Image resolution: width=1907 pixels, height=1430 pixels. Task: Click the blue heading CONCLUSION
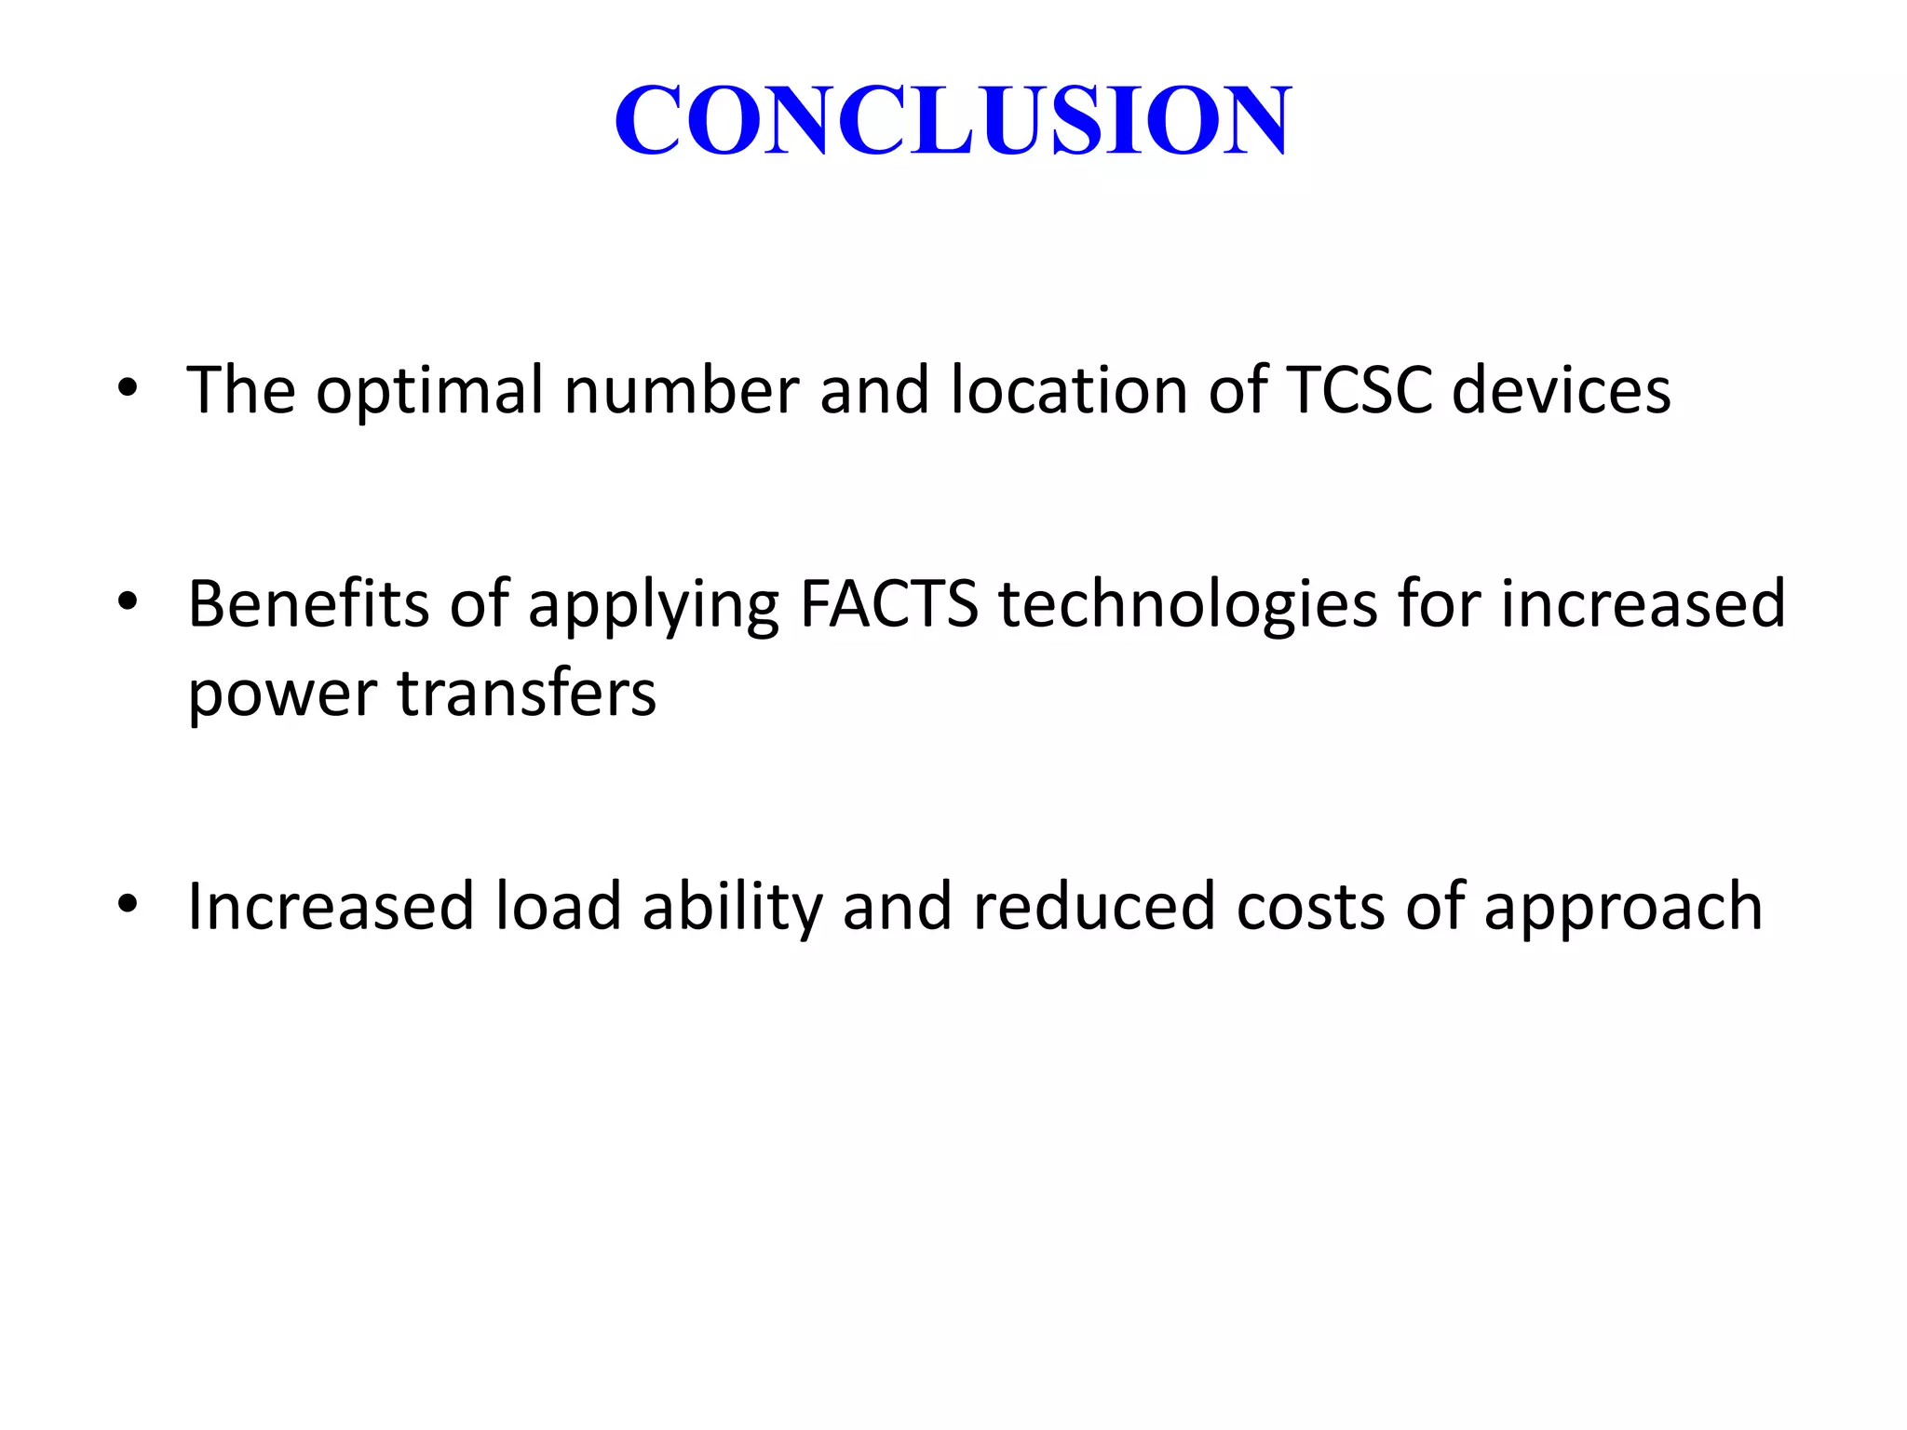click(953, 119)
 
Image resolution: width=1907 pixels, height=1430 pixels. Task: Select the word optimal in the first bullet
click(429, 391)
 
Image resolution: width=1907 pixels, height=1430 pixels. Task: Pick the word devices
click(1562, 389)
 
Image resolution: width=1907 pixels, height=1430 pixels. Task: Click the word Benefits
click(308, 603)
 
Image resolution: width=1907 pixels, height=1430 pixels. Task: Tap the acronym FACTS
click(889, 603)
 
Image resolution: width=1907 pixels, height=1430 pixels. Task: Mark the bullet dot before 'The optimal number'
click(128, 387)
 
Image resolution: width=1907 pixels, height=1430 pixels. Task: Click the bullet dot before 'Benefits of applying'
click(128, 601)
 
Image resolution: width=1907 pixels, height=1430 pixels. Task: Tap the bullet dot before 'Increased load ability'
click(128, 904)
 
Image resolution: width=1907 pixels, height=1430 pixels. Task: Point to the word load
click(558, 906)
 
